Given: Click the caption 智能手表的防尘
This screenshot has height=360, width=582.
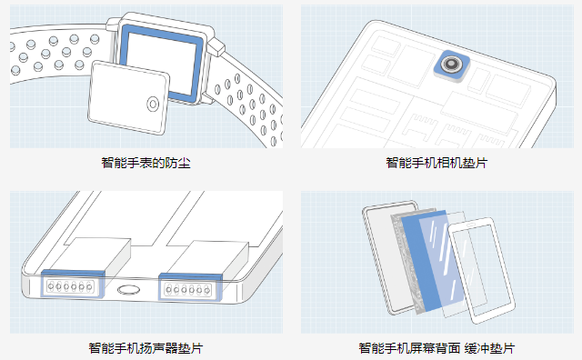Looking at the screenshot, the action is (x=145, y=163).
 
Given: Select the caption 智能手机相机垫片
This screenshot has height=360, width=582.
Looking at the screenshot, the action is (x=436, y=163).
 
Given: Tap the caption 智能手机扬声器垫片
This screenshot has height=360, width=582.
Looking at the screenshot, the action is (x=145, y=348).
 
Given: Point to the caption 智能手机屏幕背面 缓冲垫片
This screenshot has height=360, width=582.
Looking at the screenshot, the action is (x=436, y=348).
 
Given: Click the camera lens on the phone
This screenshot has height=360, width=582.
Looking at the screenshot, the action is (x=451, y=65).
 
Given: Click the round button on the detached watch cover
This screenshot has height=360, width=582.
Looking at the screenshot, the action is (x=153, y=105).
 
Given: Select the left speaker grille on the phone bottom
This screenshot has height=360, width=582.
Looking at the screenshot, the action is (x=70, y=286).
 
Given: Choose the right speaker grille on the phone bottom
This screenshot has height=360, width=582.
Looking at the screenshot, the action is (x=188, y=289).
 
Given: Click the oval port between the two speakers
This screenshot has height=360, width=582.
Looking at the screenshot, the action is (x=129, y=290).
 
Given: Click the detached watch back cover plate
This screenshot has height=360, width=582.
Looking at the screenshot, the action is (x=129, y=97).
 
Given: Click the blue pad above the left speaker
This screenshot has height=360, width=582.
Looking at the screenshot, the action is (x=73, y=274).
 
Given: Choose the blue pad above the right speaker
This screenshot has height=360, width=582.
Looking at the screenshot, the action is (x=190, y=276).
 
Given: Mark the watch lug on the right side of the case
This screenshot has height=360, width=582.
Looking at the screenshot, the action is (x=216, y=46).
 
